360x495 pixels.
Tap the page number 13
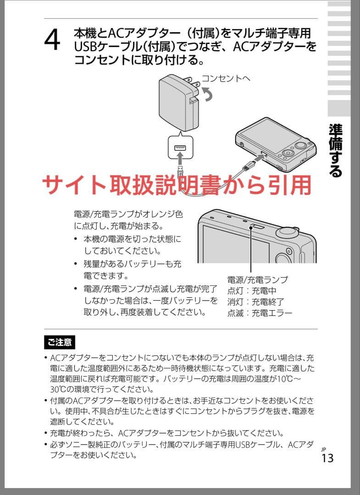click(x=327, y=458)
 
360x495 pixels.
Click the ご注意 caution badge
click(x=59, y=342)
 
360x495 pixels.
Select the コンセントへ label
click(x=226, y=78)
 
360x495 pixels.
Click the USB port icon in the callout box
click(x=180, y=148)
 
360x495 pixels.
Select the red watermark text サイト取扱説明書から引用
click(x=177, y=185)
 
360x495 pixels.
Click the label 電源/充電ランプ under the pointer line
click(x=257, y=280)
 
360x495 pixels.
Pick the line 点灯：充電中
click(x=252, y=291)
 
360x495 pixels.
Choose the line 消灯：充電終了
click(x=256, y=302)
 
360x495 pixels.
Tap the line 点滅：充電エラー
click(x=260, y=313)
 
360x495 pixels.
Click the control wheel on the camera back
click(x=288, y=153)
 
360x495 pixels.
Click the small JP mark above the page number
click(x=323, y=449)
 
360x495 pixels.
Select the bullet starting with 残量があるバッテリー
click(x=132, y=270)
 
